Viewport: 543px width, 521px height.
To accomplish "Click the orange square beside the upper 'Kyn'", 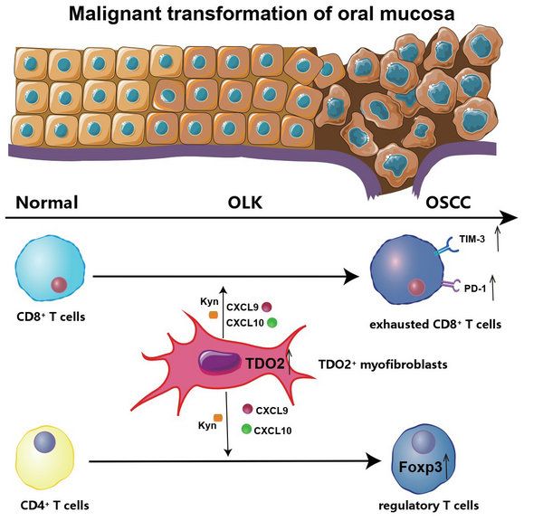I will pyautogui.click(x=214, y=314).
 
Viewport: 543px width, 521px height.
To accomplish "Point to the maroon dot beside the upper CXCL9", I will pyautogui.click(x=268, y=307).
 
